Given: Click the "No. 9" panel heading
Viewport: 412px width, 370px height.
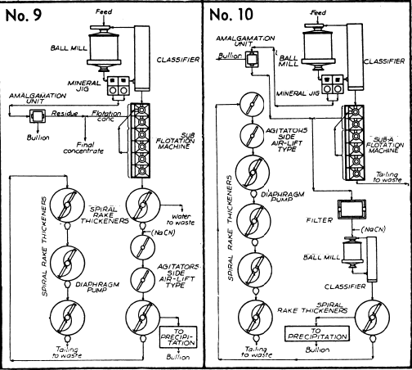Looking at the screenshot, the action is click(24, 16).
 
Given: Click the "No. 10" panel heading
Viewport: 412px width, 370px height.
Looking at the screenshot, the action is click(231, 15).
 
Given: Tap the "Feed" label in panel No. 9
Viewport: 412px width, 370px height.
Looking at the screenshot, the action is click(104, 11).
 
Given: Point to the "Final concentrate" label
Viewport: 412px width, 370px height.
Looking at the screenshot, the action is click(83, 148).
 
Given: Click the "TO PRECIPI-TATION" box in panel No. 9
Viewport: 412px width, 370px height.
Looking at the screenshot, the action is click(178, 337).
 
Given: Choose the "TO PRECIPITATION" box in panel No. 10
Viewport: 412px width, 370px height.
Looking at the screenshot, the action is click(317, 333).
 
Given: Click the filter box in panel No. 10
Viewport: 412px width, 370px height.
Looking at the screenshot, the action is click(352, 210).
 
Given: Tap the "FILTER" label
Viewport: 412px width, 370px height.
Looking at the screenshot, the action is click(320, 220).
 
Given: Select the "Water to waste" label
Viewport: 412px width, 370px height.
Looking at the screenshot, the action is click(181, 219).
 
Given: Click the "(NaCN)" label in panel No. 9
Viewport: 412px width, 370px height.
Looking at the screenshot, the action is click(163, 232).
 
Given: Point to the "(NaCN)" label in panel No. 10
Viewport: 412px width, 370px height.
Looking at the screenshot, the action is click(374, 229).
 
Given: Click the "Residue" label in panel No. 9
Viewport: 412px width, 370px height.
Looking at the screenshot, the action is click(65, 113).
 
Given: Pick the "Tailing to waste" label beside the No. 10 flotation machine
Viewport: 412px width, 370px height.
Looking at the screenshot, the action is click(387, 177).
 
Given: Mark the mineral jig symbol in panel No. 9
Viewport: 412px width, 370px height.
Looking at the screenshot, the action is click(118, 86).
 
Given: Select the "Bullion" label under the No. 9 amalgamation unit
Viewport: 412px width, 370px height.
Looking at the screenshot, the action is click(38, 138).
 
